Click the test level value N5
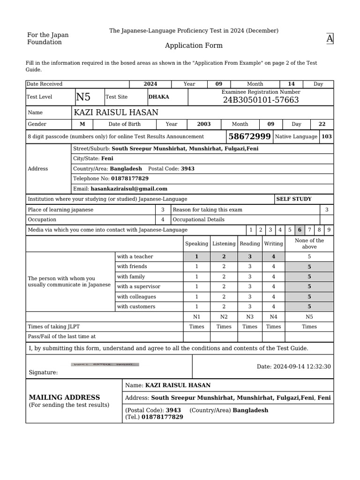click(x=83, y=97)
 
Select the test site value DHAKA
click(x=159, y=97)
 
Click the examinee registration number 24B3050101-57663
click(x=261, y=100)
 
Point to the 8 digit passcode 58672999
click(x=249, y=136)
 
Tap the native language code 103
click(x=327, y=136)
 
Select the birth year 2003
click(x=203, y=124)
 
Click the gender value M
click(x=82, y=124)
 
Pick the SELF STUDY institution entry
click(x=294, y=199)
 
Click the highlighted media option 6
click(x=300, y=230)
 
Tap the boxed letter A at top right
click(x=330, y=39)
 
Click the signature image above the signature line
click(x=105, y=364)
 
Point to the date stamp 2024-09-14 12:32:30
click(x=294, y=367)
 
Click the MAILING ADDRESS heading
click(x=64, y=397)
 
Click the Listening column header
click(x=224, y=244)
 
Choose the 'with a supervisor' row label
click(x=139, y=286)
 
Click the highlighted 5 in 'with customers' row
click(x=309, y=307)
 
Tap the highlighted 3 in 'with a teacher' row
click(x=250, y=257)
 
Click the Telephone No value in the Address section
click(x=130, y=179)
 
